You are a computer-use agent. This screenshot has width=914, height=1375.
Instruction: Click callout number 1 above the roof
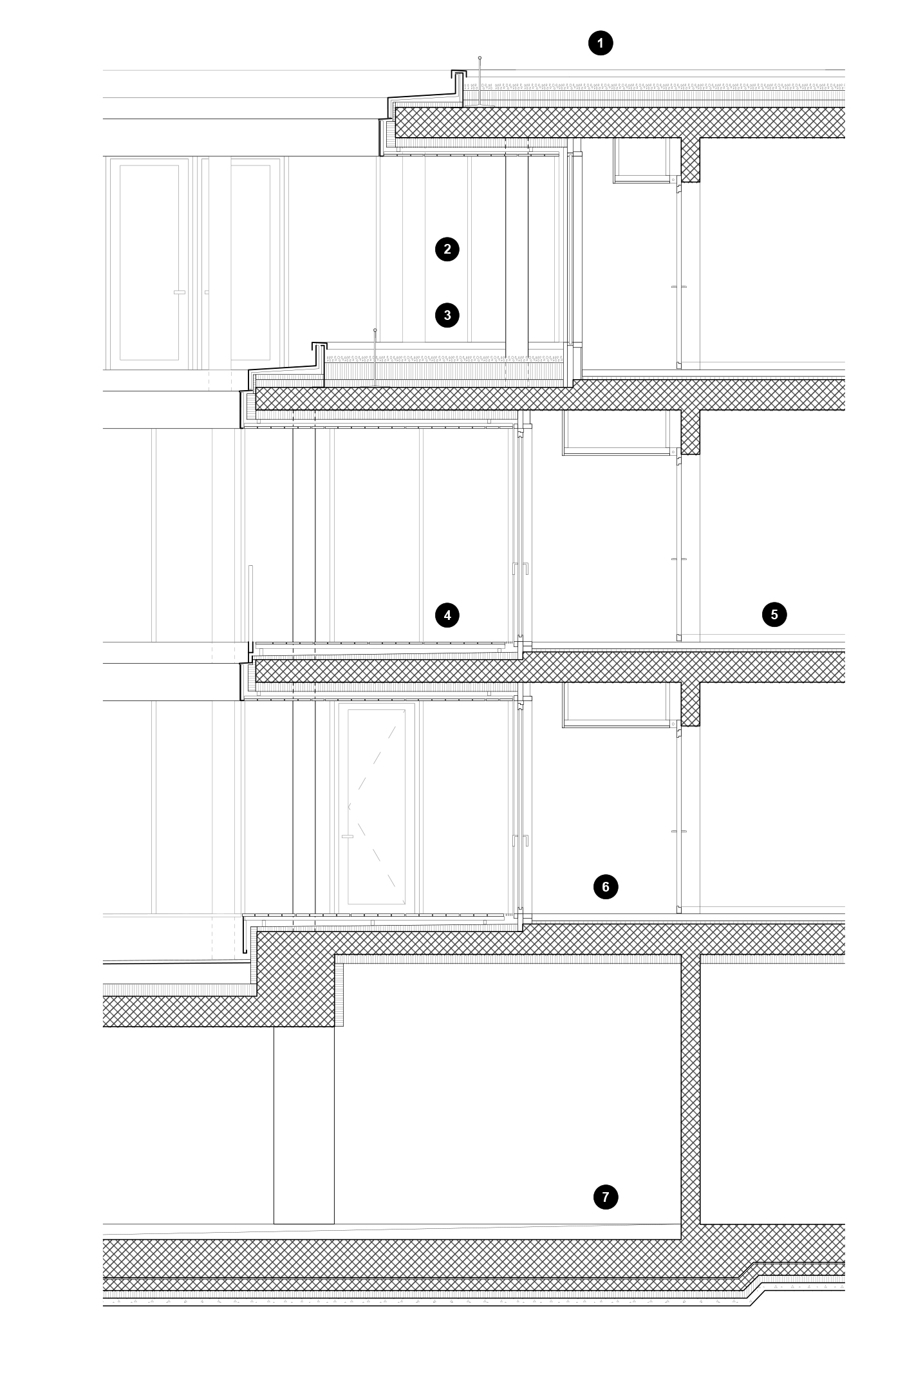click(601, 44)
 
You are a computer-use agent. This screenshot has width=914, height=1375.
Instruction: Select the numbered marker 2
click(447, 249)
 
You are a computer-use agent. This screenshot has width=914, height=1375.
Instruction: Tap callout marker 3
click(447, 315)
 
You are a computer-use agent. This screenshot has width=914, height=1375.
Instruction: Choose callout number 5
click(774, 614)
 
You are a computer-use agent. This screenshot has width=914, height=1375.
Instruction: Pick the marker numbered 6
click(606, 887)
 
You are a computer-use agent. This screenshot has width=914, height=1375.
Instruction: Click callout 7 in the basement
click(606, 1197)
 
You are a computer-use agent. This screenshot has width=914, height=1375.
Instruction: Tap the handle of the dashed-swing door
click(348, 836)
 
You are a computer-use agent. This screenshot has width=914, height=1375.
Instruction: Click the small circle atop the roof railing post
click(480, 58)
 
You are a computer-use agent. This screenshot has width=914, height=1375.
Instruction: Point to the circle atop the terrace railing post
click(375, 330)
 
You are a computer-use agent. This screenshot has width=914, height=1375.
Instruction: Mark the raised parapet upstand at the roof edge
click(458, 80)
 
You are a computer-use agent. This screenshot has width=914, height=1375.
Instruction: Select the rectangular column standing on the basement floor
click(304, 1125)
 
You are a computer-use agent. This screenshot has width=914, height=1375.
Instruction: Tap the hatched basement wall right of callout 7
click(691, 1094)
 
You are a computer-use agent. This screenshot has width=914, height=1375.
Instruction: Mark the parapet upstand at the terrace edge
click(319, 357)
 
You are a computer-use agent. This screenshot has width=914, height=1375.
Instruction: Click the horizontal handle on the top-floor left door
click(180, 292)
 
